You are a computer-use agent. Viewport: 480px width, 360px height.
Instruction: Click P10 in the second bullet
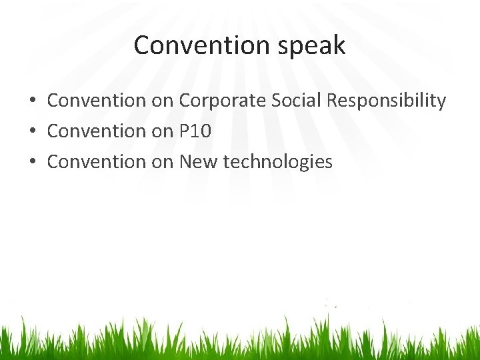coord(195,131)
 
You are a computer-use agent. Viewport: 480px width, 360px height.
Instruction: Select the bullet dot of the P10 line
coord(32,132)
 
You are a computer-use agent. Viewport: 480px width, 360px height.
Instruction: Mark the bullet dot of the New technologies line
coord(32,162)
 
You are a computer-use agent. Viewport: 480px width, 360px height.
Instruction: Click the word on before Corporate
coord(162,101)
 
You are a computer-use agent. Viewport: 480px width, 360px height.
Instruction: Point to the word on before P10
coord(162,131)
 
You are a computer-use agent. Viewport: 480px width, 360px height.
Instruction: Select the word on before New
coord(162,161)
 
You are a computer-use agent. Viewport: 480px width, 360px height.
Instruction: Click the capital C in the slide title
coord(141,45)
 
